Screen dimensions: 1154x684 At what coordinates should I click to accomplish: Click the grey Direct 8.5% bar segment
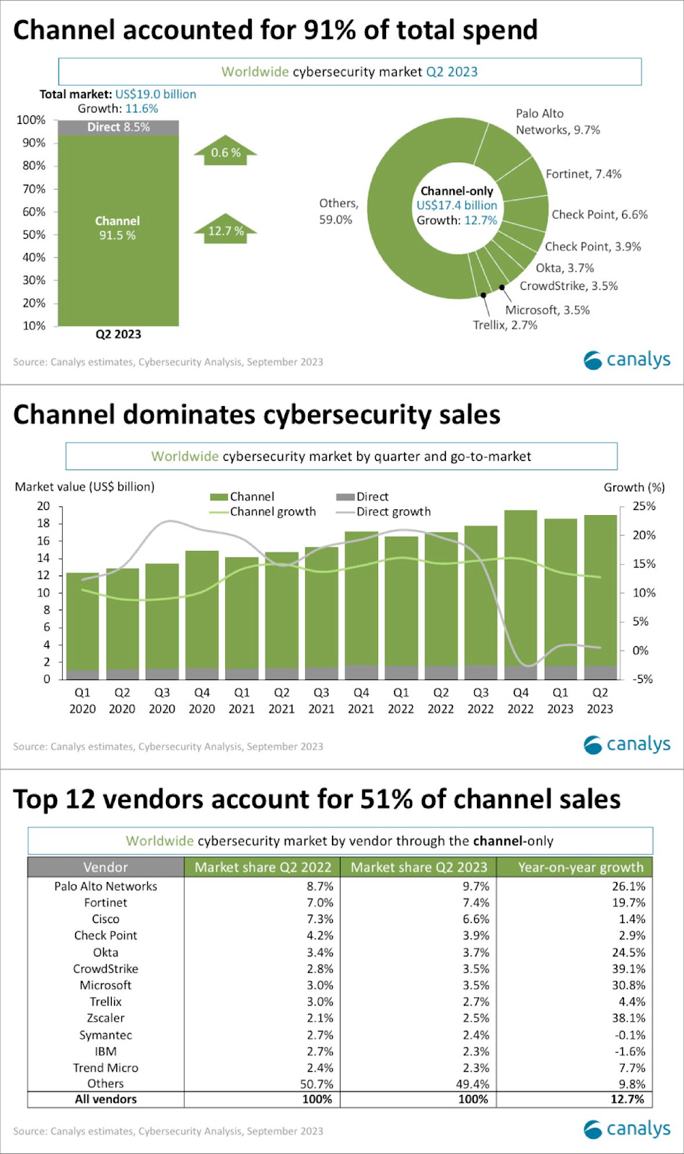click(x=118, y=127)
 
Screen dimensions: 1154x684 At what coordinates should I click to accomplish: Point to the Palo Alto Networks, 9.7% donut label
click(x=557, y=122)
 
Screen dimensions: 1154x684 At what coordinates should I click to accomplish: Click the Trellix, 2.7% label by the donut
click(x=505, y=325)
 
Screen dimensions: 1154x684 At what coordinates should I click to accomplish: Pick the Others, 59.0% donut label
click(x=338, y=211)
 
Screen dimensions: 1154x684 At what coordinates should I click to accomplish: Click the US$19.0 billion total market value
click(x=155, y=94)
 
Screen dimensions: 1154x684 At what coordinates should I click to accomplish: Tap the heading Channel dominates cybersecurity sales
click(x=257, y=415)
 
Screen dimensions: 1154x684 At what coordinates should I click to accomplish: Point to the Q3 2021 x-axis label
click(x=321, y=700)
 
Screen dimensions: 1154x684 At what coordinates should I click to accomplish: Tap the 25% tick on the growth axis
click(x=644, y=506)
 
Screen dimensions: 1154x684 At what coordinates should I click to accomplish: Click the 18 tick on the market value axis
click(x=44, y=524)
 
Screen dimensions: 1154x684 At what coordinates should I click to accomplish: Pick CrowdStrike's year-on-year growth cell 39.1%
click(x=628, y=969)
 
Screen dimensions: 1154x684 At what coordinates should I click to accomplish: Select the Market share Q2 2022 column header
click(x=263, y=867)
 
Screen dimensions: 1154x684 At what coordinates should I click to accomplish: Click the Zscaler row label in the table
click(x=105, y=1018)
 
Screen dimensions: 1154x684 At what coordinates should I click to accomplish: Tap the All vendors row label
click(x=105, y=1099)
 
